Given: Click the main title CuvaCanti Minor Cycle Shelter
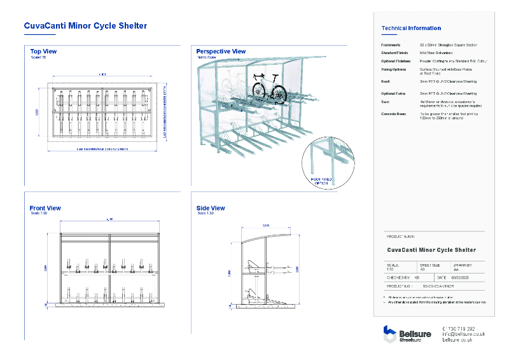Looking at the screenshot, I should click(85, 26).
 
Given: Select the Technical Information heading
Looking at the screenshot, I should click(410, 28).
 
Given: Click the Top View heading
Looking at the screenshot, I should click(43, 51).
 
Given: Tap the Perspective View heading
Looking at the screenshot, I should click(221, 51).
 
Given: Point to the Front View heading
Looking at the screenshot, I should click(45, 208).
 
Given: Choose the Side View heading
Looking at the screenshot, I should click(211, 208).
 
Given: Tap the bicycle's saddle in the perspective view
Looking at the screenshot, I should click(258, 76).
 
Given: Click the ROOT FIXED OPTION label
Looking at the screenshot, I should click(322, 183).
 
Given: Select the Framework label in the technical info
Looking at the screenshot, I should click(391, 46).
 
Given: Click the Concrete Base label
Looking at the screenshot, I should click(394, 114).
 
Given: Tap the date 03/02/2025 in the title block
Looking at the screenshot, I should click(462, 277).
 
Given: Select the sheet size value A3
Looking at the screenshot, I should click(421, 269).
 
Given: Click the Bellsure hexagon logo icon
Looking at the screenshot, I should click(389, 334).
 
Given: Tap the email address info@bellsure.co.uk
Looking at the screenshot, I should click(463, 334).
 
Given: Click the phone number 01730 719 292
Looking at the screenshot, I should click(458, 328).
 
